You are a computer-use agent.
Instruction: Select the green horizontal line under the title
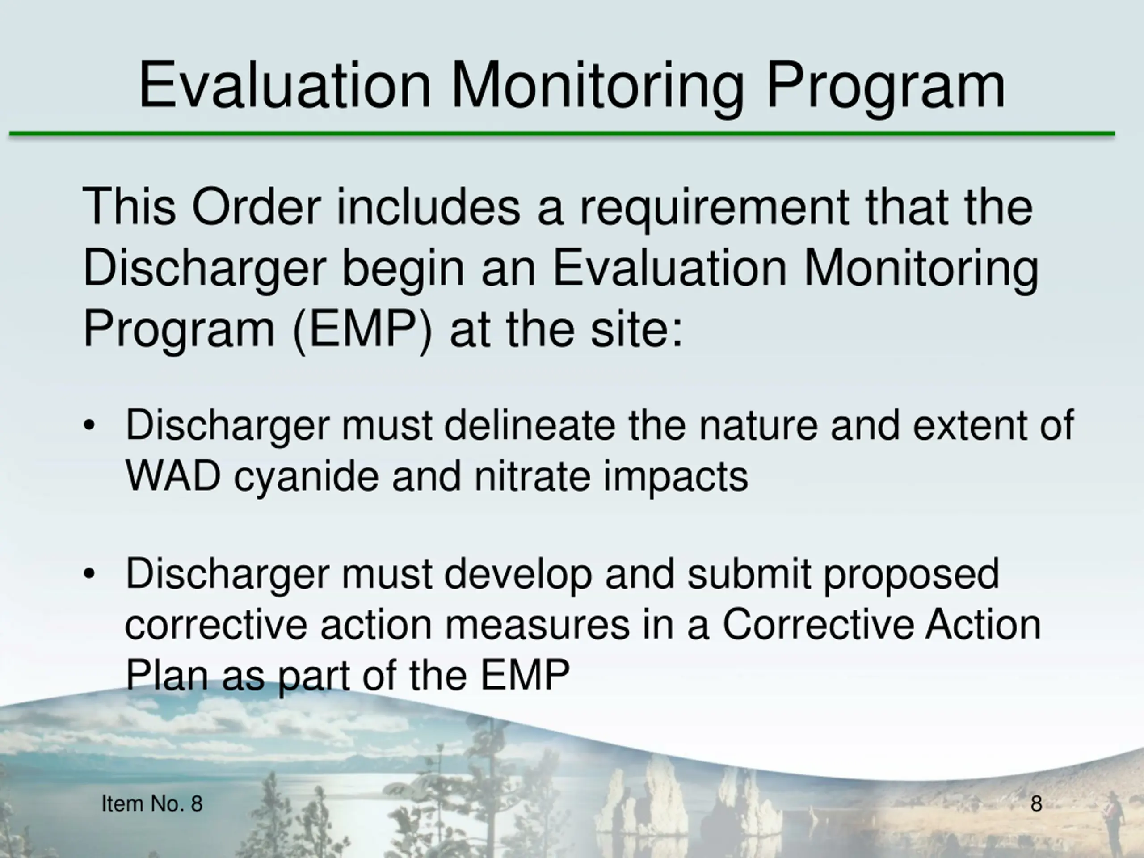(562, 135)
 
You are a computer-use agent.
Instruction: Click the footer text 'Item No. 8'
(152, 803)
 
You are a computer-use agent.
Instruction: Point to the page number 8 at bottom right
(1036, 803)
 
